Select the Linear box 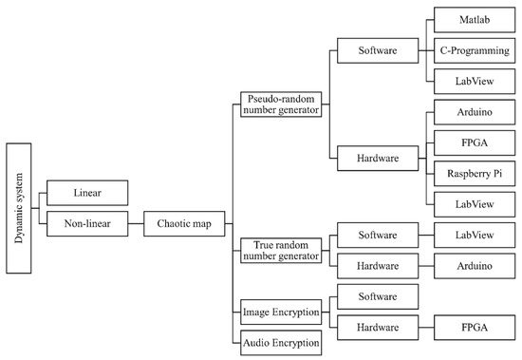[86, 194]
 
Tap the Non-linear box [86, 225]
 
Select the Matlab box [472, 19]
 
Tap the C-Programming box [472, 49]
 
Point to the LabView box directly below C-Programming [472, 81]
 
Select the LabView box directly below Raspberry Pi [472, 203]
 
